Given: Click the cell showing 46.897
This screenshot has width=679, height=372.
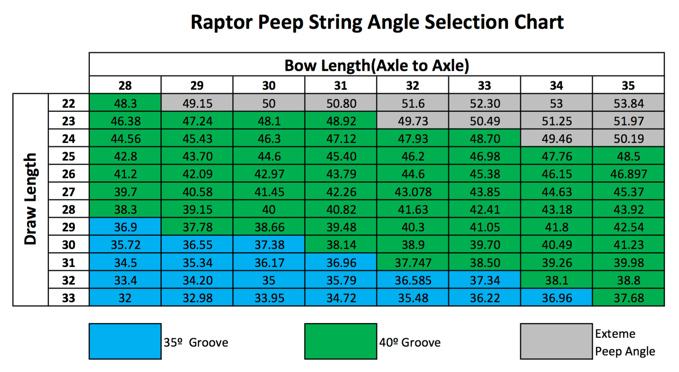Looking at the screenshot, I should tap(628, 174).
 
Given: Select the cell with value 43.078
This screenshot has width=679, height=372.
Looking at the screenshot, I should tap(412, 192).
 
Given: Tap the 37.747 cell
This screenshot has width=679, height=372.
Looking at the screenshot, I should tap(412, 262).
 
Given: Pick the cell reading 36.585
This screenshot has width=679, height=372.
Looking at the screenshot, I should tap(412, 280).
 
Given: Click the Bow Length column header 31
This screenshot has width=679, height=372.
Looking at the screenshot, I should tap(341, 85).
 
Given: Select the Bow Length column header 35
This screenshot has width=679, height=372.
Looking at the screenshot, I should tap(628, 85).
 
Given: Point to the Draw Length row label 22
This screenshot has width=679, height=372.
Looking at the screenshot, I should tap(69, 103).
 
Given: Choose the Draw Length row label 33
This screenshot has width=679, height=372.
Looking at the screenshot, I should tap(69, 298).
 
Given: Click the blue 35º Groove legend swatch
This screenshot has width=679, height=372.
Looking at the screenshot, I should tap(125, 341).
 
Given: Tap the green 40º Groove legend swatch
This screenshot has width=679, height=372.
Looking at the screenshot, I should tap(341, 341).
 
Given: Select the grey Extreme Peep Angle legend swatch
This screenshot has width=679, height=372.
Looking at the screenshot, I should tap(556, 341).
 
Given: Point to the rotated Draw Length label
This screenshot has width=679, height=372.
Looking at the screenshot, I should tap(30, 199).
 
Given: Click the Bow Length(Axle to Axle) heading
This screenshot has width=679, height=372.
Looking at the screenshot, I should tap(377, 65).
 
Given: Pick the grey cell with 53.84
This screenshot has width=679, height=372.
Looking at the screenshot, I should tap(628, 103).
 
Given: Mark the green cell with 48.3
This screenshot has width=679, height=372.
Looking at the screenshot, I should tap(125, 103).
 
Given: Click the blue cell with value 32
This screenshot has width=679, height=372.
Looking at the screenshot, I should tap(125, 298).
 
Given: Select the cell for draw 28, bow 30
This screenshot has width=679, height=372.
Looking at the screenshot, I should tap(269, 209).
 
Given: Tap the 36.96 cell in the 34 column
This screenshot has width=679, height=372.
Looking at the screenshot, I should tap(556, 298).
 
